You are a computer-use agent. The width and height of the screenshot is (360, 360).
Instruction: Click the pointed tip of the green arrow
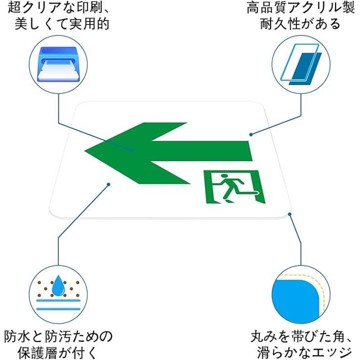click(86, 149)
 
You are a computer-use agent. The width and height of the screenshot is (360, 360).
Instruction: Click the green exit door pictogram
click(233, 186)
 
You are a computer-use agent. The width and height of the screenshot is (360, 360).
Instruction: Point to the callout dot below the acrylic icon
click(250, 134)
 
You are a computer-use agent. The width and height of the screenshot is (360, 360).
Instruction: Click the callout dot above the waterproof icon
click(108, 184)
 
